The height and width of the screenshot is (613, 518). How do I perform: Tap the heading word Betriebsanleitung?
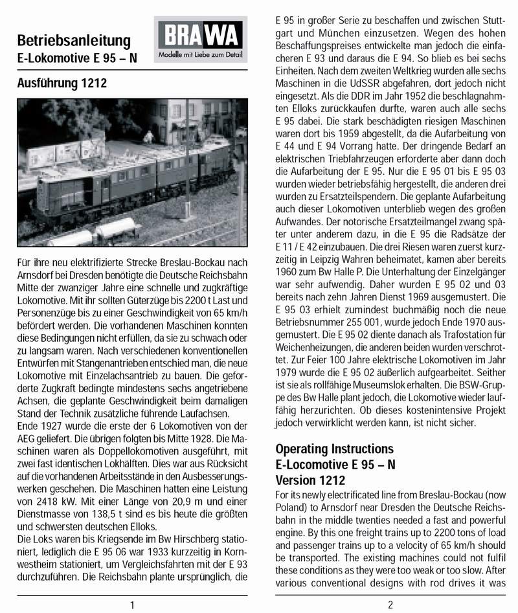pyautogui.click(x=74, y=39)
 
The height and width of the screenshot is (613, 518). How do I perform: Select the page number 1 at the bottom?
pyautogui.click(x=132, y=605)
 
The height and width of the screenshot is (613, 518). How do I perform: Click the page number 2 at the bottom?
pyautogui.click(x=390, y=605)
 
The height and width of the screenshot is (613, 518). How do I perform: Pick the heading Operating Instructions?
pyautogui.click(x=334, y=449)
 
